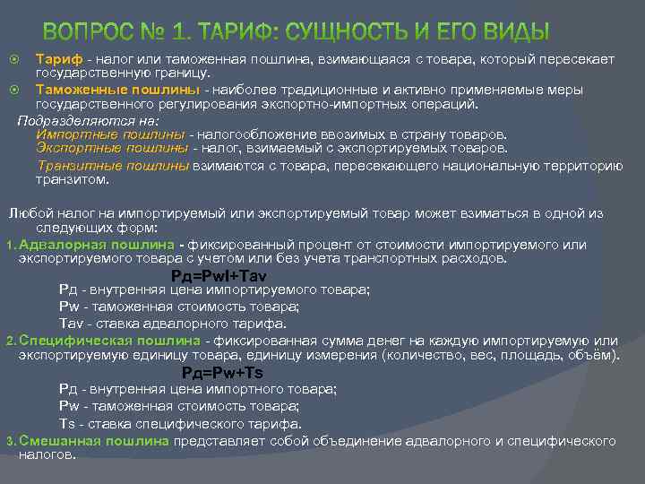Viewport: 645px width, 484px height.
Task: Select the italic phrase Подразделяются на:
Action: (87, 119)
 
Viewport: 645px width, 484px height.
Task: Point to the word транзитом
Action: (72, 179)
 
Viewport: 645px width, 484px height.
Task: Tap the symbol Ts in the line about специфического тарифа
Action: (66, 423)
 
